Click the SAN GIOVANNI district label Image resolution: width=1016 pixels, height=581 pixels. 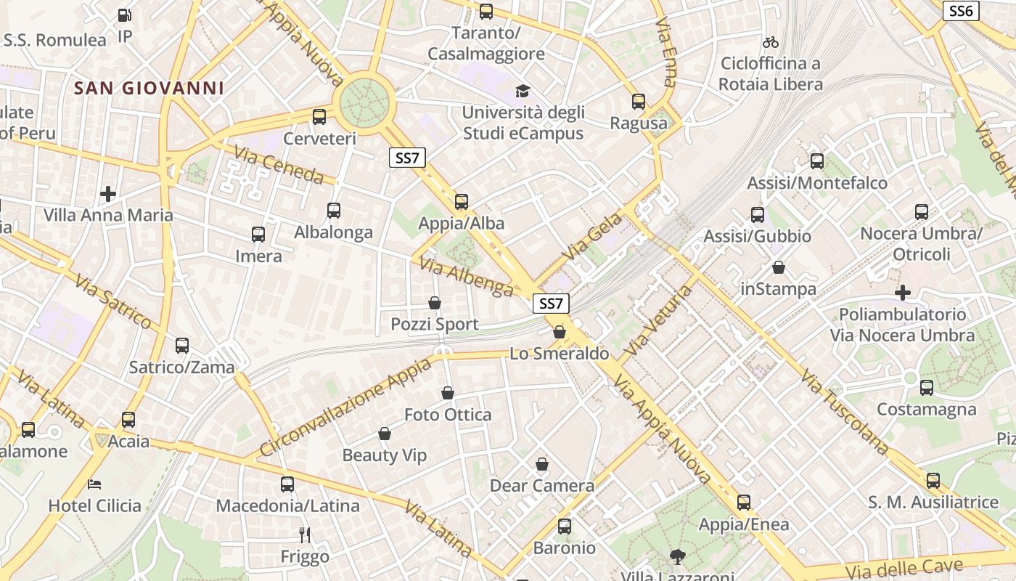[x=149, y=89]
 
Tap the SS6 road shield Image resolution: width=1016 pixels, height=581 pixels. [x=960, y=11]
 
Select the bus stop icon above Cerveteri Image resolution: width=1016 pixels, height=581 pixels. [x=319, y=116]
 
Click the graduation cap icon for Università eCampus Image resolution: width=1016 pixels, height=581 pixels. [x=523, y=91]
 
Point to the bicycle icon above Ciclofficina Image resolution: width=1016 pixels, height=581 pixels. [x=770, y=42]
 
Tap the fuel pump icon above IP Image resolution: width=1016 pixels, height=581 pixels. [x=125, y=15]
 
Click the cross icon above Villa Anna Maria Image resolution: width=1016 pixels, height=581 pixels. [x=108, y=194]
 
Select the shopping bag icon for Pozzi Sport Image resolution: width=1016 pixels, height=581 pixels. [x=435, y=303]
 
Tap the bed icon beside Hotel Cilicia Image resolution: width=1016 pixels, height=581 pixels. [x=94, y=484]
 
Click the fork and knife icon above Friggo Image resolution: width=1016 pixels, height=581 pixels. [x=305, y=535]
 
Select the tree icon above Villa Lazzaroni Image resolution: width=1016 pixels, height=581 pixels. [x=677, y=557]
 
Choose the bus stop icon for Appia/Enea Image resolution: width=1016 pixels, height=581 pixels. [x=744, y=503]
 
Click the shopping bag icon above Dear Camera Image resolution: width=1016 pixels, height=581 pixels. [x=542, y=464]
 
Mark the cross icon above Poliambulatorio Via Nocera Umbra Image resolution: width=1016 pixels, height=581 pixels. [x=903, y=293]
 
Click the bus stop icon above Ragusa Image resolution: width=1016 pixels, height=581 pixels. [x=639, y=102]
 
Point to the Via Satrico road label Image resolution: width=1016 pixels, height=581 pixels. [x=115, y=300]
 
